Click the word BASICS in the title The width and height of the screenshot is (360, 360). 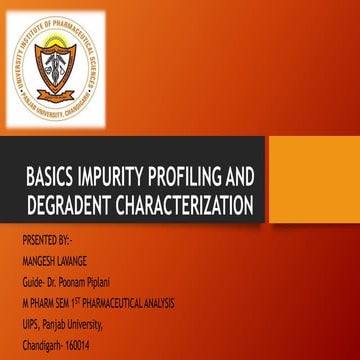pos(49,179)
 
